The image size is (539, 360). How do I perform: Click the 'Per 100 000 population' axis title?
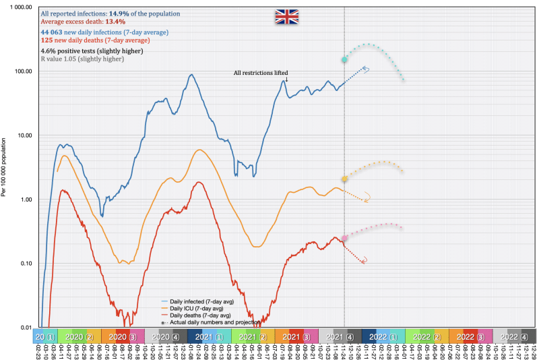(x=5, y=167)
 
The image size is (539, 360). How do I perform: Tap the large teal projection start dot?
(x=344, y=60)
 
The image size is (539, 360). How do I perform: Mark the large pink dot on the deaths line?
(x=344, y=238)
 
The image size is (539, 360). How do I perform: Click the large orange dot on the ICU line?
(x=344, y=179)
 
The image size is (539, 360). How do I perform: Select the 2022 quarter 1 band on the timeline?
(x=383, y=336)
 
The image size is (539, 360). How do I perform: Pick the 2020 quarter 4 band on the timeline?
(x=164, y=336)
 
